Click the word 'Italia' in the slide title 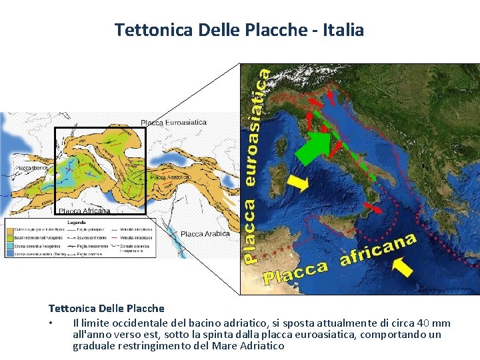tap(344, 30)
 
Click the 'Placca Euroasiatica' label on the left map tap(173, 123)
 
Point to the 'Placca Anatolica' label tap(171, 177)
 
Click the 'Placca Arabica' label tap(205, 234)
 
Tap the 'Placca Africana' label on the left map tap(84, 211)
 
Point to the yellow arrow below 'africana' tap(402, 267)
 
